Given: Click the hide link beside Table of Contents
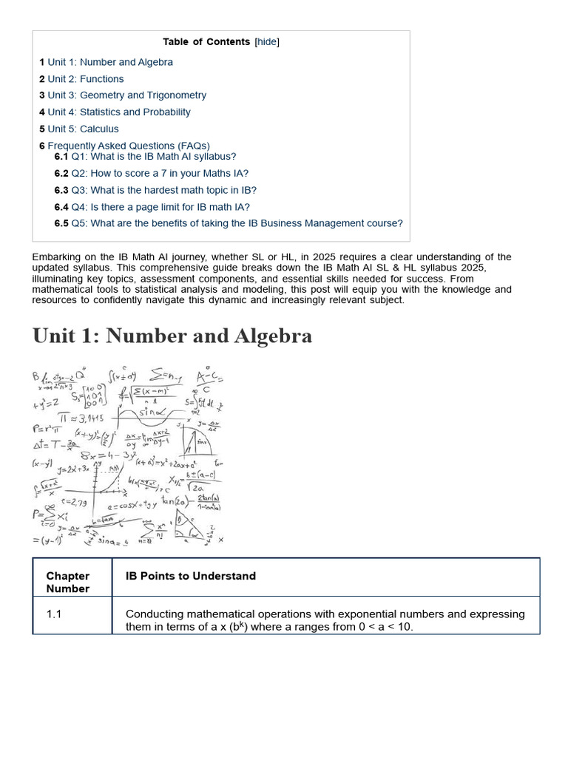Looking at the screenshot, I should (x=267, y=42).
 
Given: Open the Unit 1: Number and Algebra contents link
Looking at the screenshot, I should (x=110, y=62).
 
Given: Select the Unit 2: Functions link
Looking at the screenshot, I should (x=86, y=79).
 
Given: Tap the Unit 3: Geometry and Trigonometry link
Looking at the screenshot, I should (x=127, y=95).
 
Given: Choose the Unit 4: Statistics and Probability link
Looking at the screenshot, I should (x=119, y=112).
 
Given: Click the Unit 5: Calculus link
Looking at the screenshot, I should (x=83, y=129).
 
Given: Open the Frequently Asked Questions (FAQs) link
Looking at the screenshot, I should (x=129, y=146).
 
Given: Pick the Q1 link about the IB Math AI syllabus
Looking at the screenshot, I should (x=154, y=157).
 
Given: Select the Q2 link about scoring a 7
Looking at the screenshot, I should (x=160, y=173).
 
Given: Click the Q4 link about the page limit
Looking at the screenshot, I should (x=160, y=207).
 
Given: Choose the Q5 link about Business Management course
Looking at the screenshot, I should (x=237, y=223).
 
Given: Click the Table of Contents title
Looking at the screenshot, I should (x=206, y=42).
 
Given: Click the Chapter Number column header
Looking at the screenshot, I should (x=68, y=582).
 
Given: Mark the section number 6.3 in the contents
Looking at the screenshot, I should (x=61, y=190).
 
